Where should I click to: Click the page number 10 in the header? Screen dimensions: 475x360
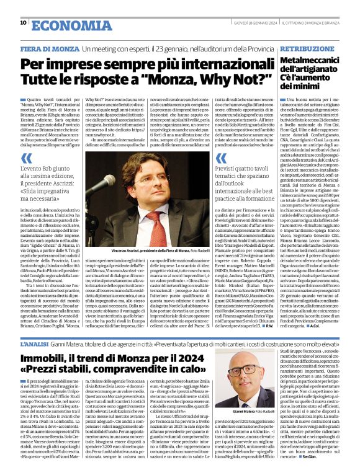pyautogui.click(x=23, y=23)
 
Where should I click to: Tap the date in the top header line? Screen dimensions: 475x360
pyautogui.click(x=253, y=23)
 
